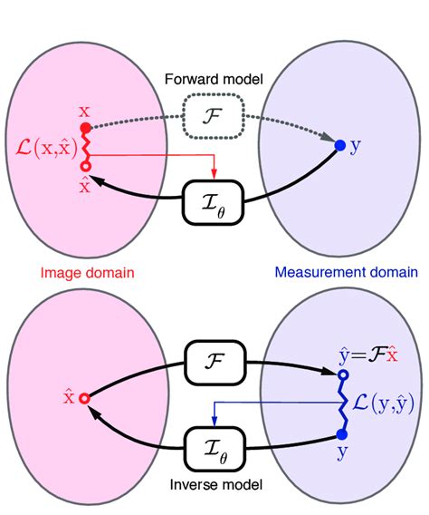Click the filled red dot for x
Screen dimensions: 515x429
tap(85, 129)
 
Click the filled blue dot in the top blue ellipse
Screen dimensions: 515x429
tap(340, 145)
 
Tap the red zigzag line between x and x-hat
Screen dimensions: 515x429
tap(85, 148)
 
